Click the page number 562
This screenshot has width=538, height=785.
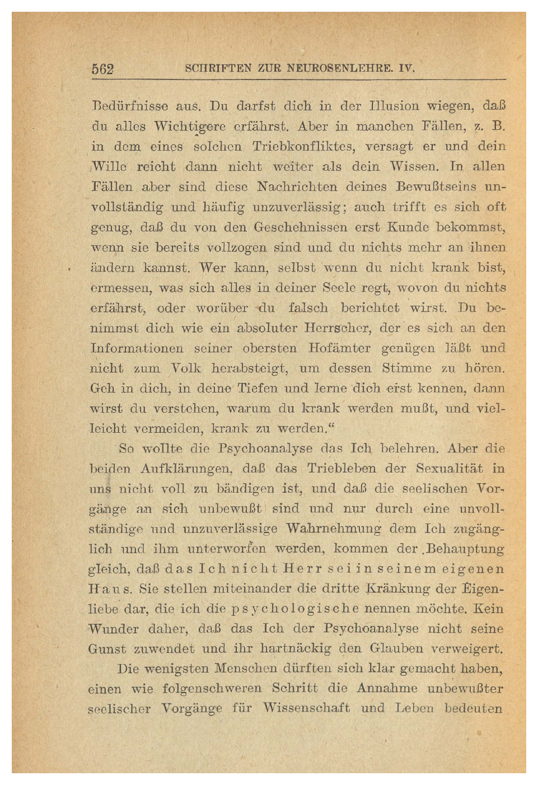[103, 69]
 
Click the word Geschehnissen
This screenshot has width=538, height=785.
[300, 227]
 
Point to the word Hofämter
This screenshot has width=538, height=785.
[339, 348]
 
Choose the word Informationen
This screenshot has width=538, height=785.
[137, 348]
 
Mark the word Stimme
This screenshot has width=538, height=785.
[406, 368]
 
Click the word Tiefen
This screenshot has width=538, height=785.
[257, 389]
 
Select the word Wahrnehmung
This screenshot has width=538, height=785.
[334, 529]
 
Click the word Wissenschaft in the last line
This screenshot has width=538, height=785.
[306, 708]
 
